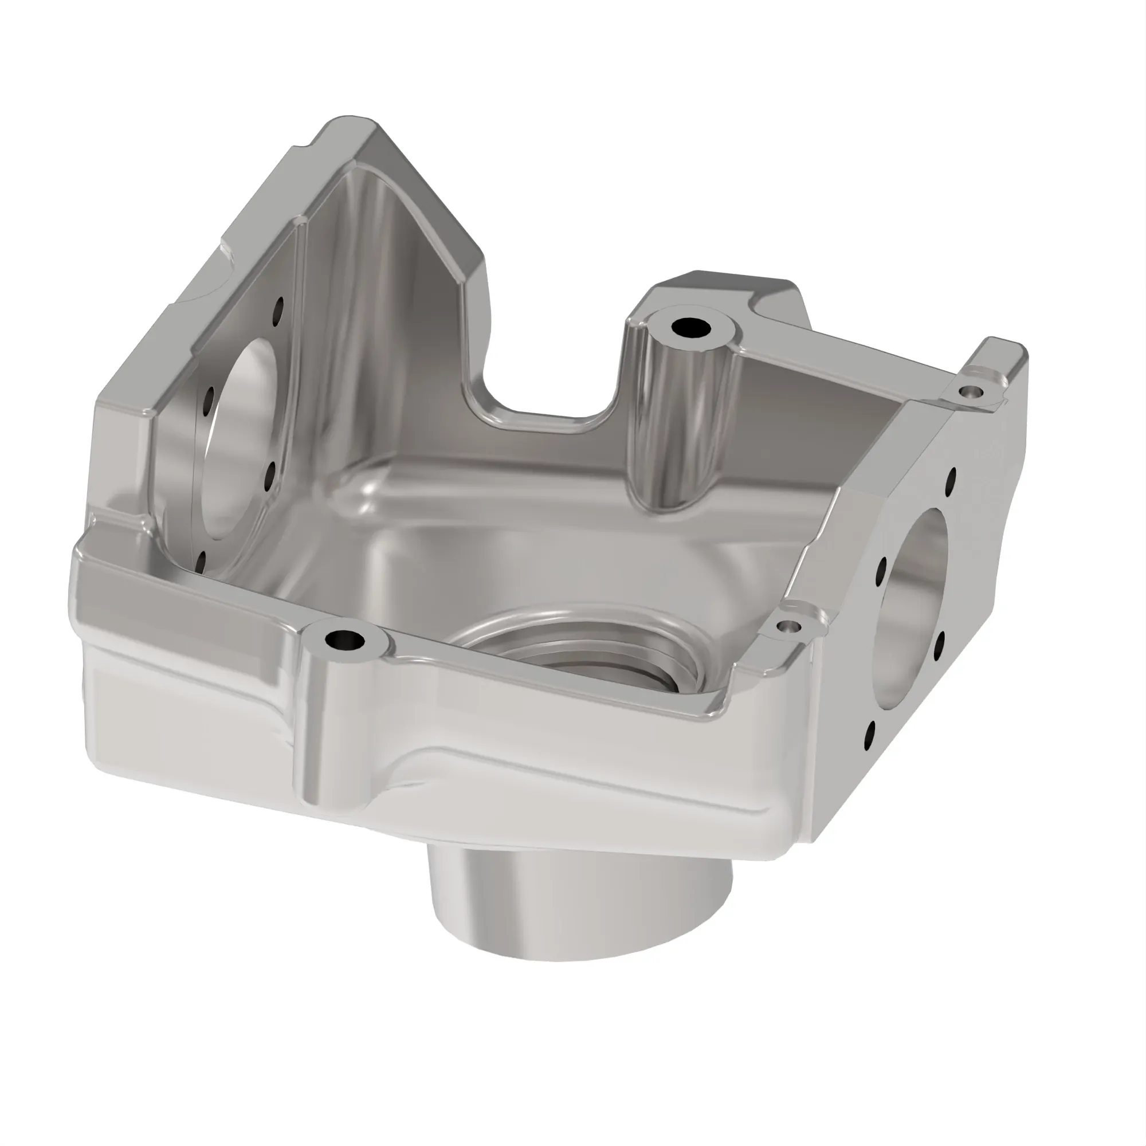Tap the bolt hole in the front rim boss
[x=344, y=640]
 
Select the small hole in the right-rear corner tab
[x=971, y=391]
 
